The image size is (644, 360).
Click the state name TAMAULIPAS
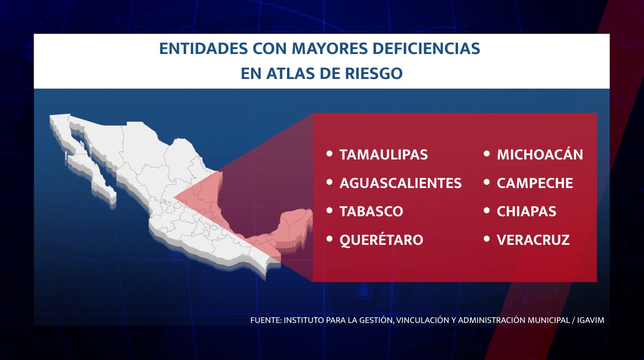(x=384, y=155)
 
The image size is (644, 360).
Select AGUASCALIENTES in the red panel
(x=400, y=183)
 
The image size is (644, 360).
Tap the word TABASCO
(x=372, y=211)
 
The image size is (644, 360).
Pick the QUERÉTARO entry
(x=381, y=240)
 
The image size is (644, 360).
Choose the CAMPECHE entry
(x=535, y=183)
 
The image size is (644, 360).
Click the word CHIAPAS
(x=526, y=211)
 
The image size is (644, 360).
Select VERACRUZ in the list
(x=533, y=240)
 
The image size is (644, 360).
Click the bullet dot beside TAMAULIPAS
(x=330, y=153)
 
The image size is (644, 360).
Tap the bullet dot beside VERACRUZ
(x=487, y=239)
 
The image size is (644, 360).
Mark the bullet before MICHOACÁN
(x=487, y=153)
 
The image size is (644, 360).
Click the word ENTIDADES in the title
(x=203, y=48)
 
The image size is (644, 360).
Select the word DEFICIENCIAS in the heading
(x=426, y=48)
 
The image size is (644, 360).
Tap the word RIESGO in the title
(x=374, y=73)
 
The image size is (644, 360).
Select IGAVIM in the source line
(x=590, y=320)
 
